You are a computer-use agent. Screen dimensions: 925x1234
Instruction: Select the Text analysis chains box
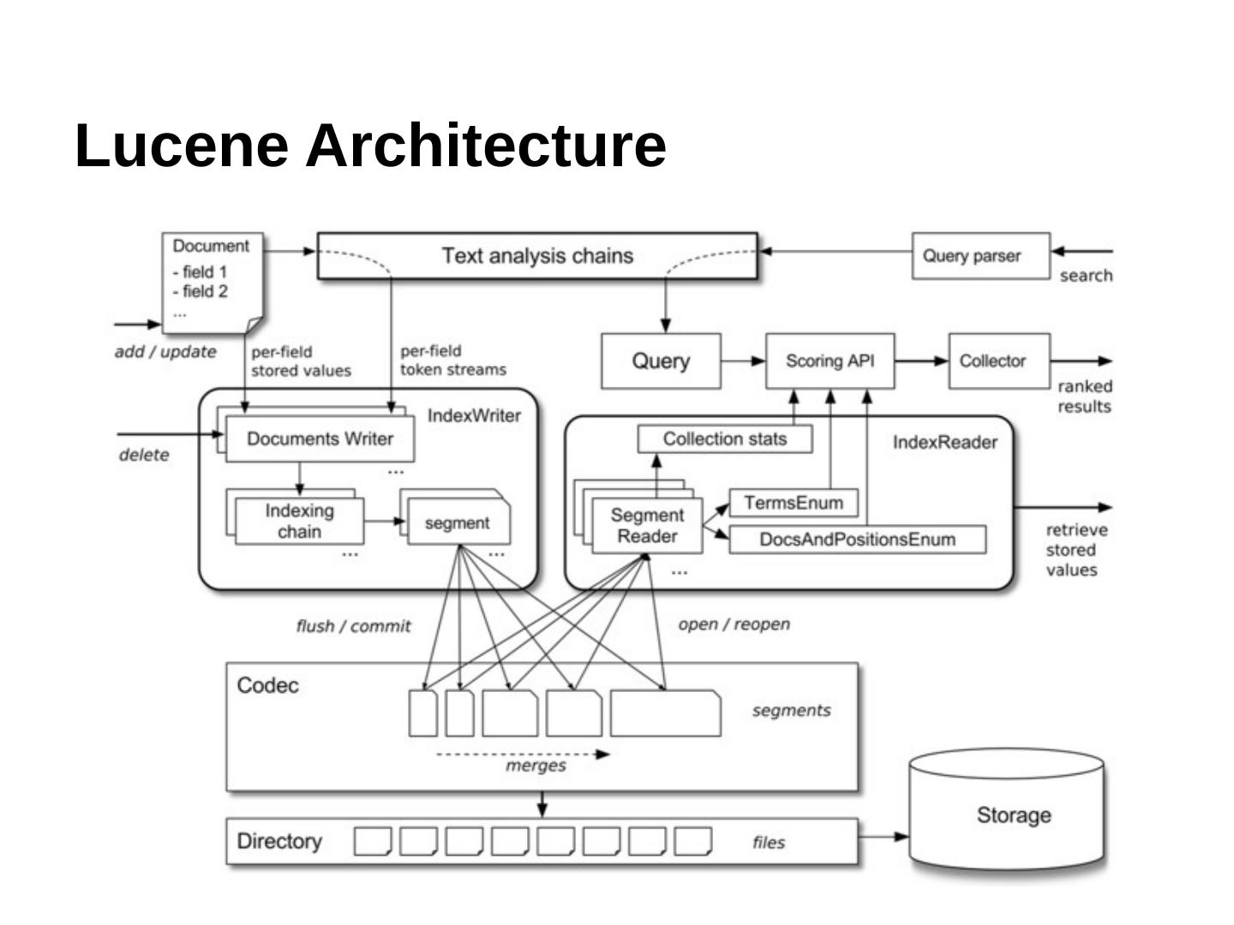pos(537,255)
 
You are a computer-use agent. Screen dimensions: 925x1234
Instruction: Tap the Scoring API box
pos(830,361)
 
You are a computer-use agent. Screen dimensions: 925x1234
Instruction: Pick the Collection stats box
pos(725,439)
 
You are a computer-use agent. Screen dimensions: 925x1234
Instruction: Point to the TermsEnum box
pos(793,503)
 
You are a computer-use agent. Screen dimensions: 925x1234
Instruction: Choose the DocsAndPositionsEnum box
pos(857,540)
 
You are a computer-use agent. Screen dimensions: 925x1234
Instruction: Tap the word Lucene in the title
pos(182,145)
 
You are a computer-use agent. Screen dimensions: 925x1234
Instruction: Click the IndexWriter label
pos(474,415)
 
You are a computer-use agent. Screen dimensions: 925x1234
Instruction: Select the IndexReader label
pos(945,442)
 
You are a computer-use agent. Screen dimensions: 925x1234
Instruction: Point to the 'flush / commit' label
pos(353,626)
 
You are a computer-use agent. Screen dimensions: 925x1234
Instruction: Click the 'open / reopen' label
pos(734,624)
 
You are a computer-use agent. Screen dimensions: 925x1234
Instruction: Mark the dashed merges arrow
pos(523,755)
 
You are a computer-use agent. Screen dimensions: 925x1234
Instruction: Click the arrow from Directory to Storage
pos(884,836)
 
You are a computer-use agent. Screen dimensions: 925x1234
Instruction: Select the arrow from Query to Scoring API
pos(743,361)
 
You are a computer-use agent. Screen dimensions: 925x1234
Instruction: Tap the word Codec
pos(267,685)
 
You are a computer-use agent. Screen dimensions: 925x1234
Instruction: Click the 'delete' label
pos(144,455)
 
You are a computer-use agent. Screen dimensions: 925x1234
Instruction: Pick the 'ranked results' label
pos(1084,397)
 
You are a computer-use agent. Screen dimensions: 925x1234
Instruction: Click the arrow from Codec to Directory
pos(542,804)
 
